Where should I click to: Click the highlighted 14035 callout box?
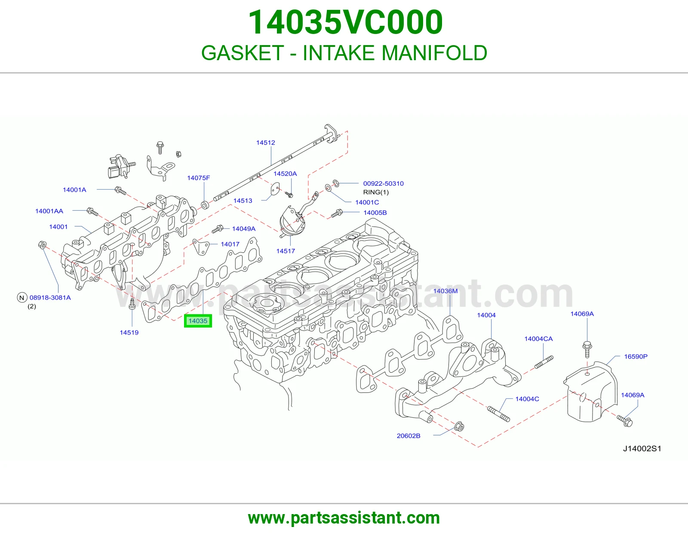(x=198, y=321)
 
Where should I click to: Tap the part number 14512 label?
(x=265, y=143)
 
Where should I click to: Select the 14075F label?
(x=199, y=178)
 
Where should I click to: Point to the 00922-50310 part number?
(x=384, y=184)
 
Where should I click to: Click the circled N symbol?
(x=22, y=297)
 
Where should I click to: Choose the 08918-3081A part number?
(x=50, y=297)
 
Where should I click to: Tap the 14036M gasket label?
(x=445, y=291)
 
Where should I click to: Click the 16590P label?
(x=636, y=356)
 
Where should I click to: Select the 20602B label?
(x=408, y=436)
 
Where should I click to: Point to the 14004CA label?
(x=538, y=339)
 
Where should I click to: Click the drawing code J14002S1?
(x=642, y=448)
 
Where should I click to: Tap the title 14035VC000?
(x=345, y=22)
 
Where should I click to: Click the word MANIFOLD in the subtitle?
(x=434, y=53)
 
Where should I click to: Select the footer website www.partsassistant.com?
(x=344, y=518)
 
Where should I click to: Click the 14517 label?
(x=286, y=251)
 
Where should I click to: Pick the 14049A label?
(x=243, y=229)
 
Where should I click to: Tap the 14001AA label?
(x=49, y=211)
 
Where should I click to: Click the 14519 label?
(x=129, y=333)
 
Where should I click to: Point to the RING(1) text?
(x=376, y=192)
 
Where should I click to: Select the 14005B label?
(x=375, y=213)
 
